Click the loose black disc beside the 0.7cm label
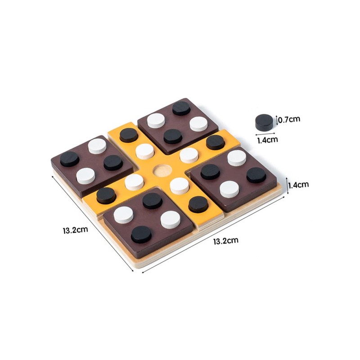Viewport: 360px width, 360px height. point(264,121)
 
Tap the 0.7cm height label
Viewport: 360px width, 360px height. point(289,119)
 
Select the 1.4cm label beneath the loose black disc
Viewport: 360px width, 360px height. point(267,140)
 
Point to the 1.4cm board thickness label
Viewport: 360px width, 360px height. point(299,185)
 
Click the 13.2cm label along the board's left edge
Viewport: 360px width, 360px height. point(76,230)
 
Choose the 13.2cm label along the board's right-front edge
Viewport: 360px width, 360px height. point(226,241)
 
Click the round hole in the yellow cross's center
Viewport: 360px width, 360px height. point(162,171)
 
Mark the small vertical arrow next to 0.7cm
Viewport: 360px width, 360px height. point(277,120)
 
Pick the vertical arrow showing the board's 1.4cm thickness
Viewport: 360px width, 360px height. point(287,185)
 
